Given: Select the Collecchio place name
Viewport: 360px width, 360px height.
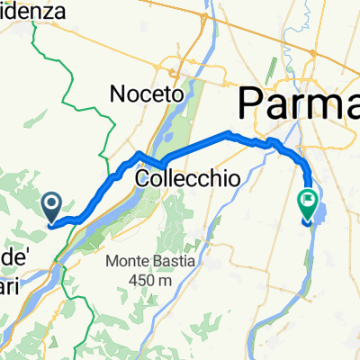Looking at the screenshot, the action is pos(187,179).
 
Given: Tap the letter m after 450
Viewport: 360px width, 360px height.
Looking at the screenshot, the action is pos(166,281).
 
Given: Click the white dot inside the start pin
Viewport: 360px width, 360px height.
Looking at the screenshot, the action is pos(53,204).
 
